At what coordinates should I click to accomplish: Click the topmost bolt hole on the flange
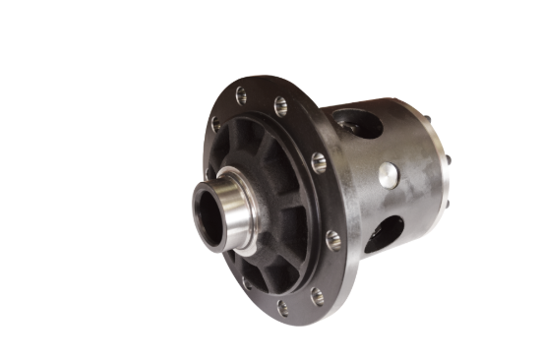[240, 95]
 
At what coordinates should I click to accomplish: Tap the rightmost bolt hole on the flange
[332, 237]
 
